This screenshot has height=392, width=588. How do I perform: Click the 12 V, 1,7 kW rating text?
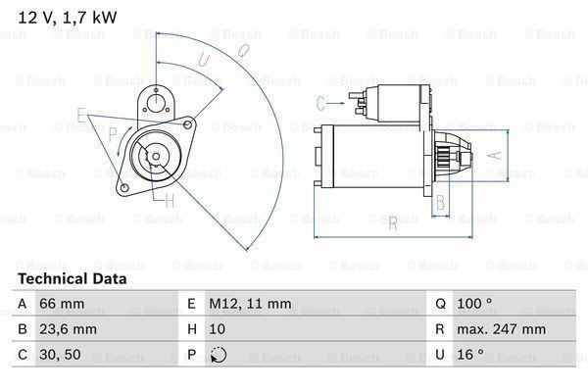tap(68, 18)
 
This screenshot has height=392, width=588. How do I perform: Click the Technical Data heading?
tap(73, 278)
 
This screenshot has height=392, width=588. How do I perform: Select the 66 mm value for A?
tap(62, 304)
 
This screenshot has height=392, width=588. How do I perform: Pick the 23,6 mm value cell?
tap(68, 329)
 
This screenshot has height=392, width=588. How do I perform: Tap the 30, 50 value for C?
tap(60, 355)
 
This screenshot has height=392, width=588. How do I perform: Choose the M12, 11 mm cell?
tap(250, 304)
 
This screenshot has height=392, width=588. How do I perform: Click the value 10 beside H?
tap(218, 329)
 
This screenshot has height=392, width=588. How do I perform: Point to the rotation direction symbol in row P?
tap(219, 355)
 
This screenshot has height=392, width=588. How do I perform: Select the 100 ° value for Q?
tap(474, 303)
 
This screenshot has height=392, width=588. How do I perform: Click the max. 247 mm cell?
tap(501, 329)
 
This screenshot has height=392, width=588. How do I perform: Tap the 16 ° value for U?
tap(470, 354)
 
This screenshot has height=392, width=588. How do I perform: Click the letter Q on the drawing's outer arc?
tap(243, 51)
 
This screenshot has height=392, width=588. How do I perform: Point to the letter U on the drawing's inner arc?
tap(203, 60)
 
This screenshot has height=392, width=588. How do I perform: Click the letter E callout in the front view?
tap(81, 115)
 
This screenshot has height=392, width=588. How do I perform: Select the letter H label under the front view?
tap(170, 202)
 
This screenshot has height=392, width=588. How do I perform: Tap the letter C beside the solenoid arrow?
tap(320, 103)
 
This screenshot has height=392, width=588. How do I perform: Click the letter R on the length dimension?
tap(393, 223)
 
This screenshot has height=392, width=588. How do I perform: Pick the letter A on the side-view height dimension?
tap(496, 155)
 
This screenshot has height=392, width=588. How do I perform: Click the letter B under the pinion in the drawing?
tap(440, 202)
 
